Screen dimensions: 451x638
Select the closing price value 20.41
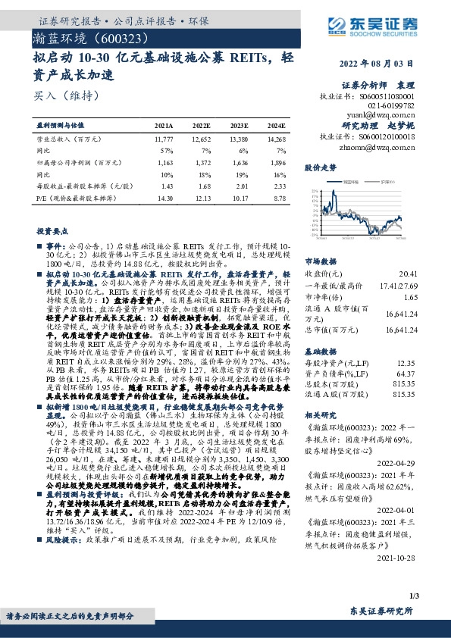pos(407,273)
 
